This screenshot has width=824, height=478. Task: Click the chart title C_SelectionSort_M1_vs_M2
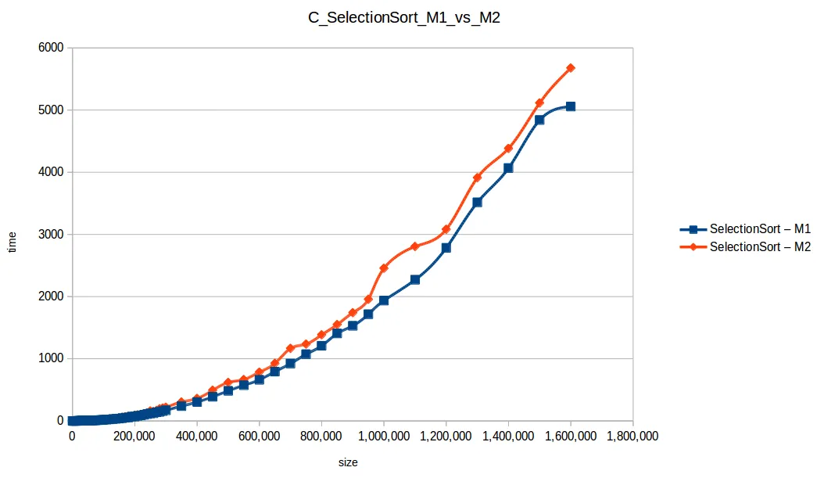tap(403, 20)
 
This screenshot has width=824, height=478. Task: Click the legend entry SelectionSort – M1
tap(759, 229)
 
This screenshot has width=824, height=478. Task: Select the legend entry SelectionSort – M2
tap(759, 246)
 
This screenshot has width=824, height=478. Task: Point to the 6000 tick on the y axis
tap(51, 49)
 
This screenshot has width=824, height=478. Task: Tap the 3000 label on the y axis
tap(51, 235)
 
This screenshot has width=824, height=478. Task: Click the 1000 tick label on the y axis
tap(51, 359)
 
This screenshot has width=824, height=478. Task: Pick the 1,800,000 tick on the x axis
tap(632, 437)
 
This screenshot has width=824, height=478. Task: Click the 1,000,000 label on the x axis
tap(383, 437)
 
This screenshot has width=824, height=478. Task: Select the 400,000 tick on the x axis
tap(196, 437)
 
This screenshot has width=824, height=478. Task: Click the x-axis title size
tap(348, 463)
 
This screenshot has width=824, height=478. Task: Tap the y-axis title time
tap(12, 242)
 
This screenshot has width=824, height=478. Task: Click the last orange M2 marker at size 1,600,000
tap(571, 68)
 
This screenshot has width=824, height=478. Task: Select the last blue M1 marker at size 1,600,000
tap(571, 106)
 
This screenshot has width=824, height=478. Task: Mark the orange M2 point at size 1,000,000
tap(384, 268)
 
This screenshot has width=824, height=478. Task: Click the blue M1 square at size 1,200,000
tap(446, 248)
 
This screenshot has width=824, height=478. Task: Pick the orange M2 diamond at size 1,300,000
tap(478, 178)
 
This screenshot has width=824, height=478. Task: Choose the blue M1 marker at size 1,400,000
tap(508, 168)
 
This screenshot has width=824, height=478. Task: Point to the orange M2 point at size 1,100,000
tap(415, 246)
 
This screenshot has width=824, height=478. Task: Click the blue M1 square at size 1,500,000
tap(539, 120)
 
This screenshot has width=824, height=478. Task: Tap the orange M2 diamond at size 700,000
tap(290, 348)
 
